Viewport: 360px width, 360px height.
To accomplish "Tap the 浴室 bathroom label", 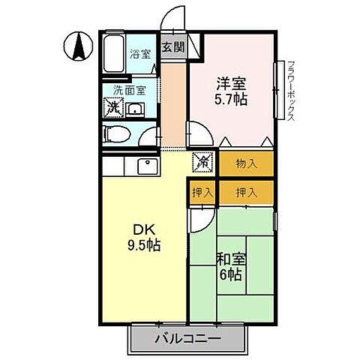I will click(x=139, y=54).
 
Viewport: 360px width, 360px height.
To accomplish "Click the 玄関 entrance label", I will click(x=172, y=46).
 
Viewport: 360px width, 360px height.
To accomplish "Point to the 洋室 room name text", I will click(x=230, y=82).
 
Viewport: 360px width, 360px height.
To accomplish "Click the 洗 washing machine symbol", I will click(x=113, y=108).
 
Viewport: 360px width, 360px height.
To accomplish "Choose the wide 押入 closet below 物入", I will click(x=246, y=191).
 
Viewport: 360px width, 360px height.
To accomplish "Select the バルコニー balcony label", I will click(x=188, y=339).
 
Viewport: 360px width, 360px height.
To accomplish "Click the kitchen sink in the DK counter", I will click(x=145, y=166).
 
